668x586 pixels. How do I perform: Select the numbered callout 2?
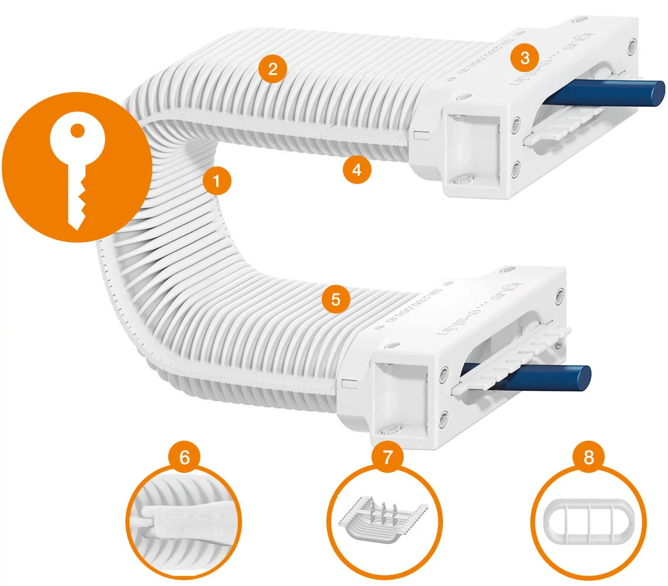[x=272, y=69]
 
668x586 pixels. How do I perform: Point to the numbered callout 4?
[x=357, y=170]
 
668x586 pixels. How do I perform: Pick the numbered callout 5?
[x=335, y=299]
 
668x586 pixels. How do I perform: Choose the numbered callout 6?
[x=184, y=457]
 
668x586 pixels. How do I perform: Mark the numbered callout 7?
[x=386, y=457]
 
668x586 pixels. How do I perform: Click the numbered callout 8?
[x=588, y=457]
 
